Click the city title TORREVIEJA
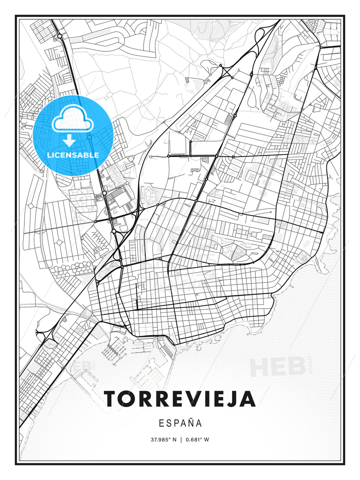[x=180, y=399]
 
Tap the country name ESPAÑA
[x=180, y=423]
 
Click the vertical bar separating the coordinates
[x=181, y=440]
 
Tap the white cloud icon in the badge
[x=72, y=119]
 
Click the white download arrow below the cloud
[x=69, y=140]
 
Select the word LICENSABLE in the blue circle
[x=73, y=155]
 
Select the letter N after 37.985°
[x=174, y=440]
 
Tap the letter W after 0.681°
[x=207, y=440]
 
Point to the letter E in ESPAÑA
[x=161, y=423]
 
